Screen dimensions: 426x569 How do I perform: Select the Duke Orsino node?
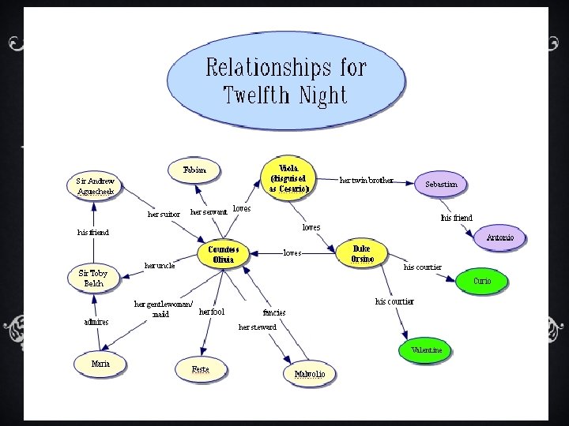click(361, 253)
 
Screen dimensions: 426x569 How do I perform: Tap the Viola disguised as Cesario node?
click(288, 177)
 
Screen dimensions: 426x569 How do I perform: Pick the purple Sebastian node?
click(440, 184)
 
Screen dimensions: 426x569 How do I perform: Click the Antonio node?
click(499, 237)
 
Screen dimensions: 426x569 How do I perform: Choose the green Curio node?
click(482, 281)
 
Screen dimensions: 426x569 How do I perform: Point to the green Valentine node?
click(427, 349)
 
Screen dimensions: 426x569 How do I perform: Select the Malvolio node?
click(309, 373)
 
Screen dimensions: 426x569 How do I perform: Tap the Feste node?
click(201, 368)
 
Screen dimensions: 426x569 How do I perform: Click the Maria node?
click(100, 364)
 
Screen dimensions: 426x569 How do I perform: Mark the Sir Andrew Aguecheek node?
click(95, 185)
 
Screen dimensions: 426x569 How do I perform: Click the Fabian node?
click(194, 170)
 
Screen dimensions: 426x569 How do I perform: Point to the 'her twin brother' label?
click(366, 181)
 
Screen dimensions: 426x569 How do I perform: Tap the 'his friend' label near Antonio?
click(456, 218)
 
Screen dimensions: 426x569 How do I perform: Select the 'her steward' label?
click(258, 327)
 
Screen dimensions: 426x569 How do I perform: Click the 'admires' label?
click(96, 322)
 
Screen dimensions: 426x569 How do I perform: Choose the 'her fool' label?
click(212, 312)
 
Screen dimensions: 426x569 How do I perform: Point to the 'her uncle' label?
click(160, 266)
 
